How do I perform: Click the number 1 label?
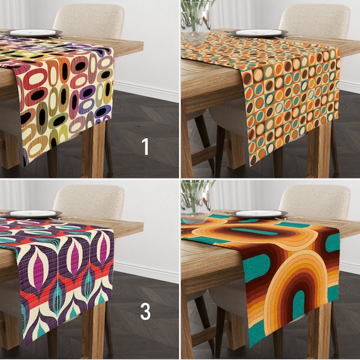pos(145,146)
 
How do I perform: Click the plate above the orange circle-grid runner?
pos(260,33)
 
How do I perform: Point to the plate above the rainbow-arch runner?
pos(260,214)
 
